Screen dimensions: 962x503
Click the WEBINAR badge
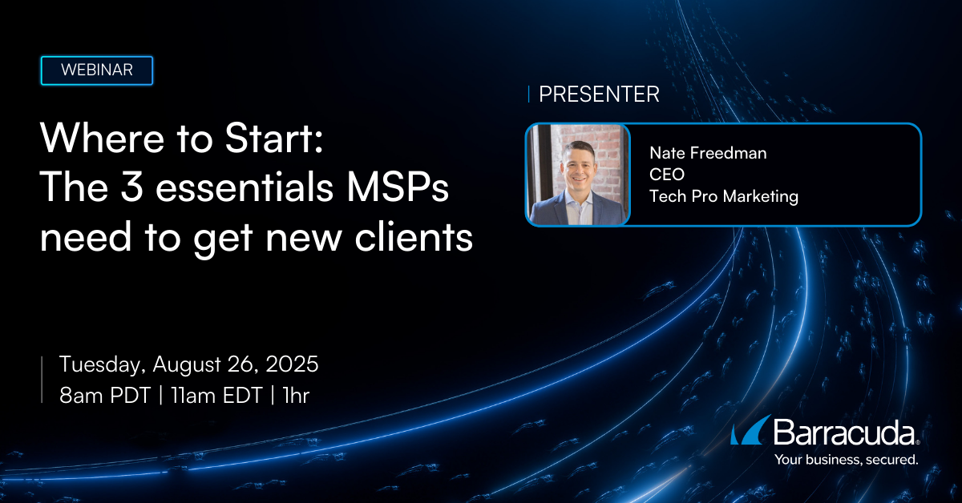click(97, 70)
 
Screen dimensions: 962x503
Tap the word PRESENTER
click(599, 94)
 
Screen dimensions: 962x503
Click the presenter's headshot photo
click(578, 175)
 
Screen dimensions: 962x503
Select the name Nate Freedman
click(708, 153)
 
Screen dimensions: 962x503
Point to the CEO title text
click(666, 175)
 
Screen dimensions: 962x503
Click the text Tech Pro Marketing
click(724, 196)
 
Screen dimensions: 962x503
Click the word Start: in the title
click(274, 139)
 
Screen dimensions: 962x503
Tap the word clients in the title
click(414, 236)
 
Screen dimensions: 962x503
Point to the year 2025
click(292, 364)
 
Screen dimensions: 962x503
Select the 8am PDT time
click(105, 395)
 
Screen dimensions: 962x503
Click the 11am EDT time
click(216, 395)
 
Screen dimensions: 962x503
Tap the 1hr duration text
click(296, 395)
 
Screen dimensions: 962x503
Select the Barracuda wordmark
click(846, 433)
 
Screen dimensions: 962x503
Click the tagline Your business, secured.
click(846, 460)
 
